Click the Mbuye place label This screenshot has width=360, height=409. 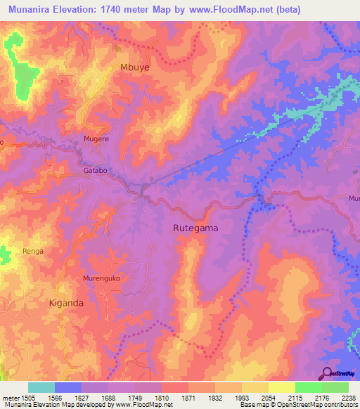pos(135,67)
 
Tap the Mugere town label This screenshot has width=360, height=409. pos(96,139)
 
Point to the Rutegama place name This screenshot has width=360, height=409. pos(195,228)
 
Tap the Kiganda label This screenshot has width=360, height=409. pos(66,303)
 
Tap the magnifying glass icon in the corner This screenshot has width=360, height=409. pos(328,372)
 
